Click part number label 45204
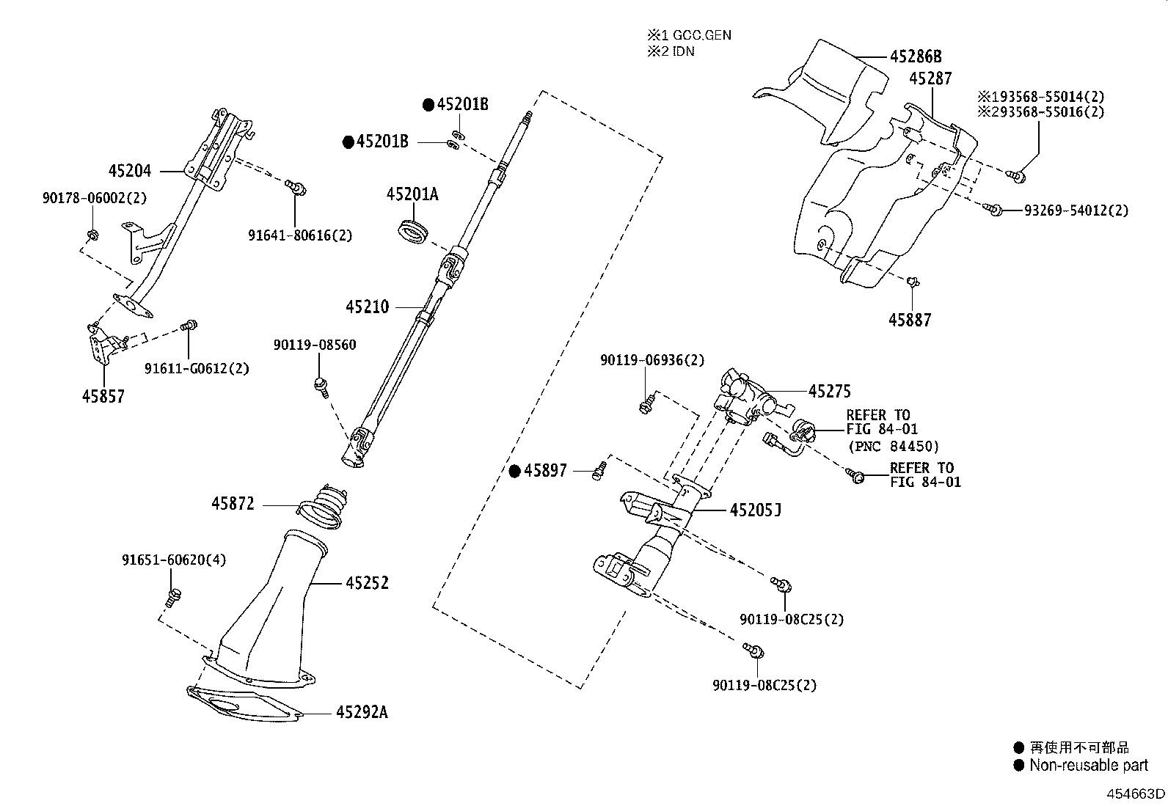pyautogui.click(x=129, y=171)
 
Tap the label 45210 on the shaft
pyautogui.click(x=368, y=307)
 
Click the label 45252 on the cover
pyautogui.click(x=367, y=583)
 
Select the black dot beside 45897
pyautogui.click(x=515, y=471)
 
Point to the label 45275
pyautogui.click(x=829, y=392)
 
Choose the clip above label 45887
pyautogui.click(x=913, y=281)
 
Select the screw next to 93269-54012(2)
pyautogui.click(x=994, y=210)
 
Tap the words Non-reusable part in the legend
pyautogui.click(x=1088, y=765)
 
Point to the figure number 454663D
pyautogui.click(x=1136, y=794)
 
